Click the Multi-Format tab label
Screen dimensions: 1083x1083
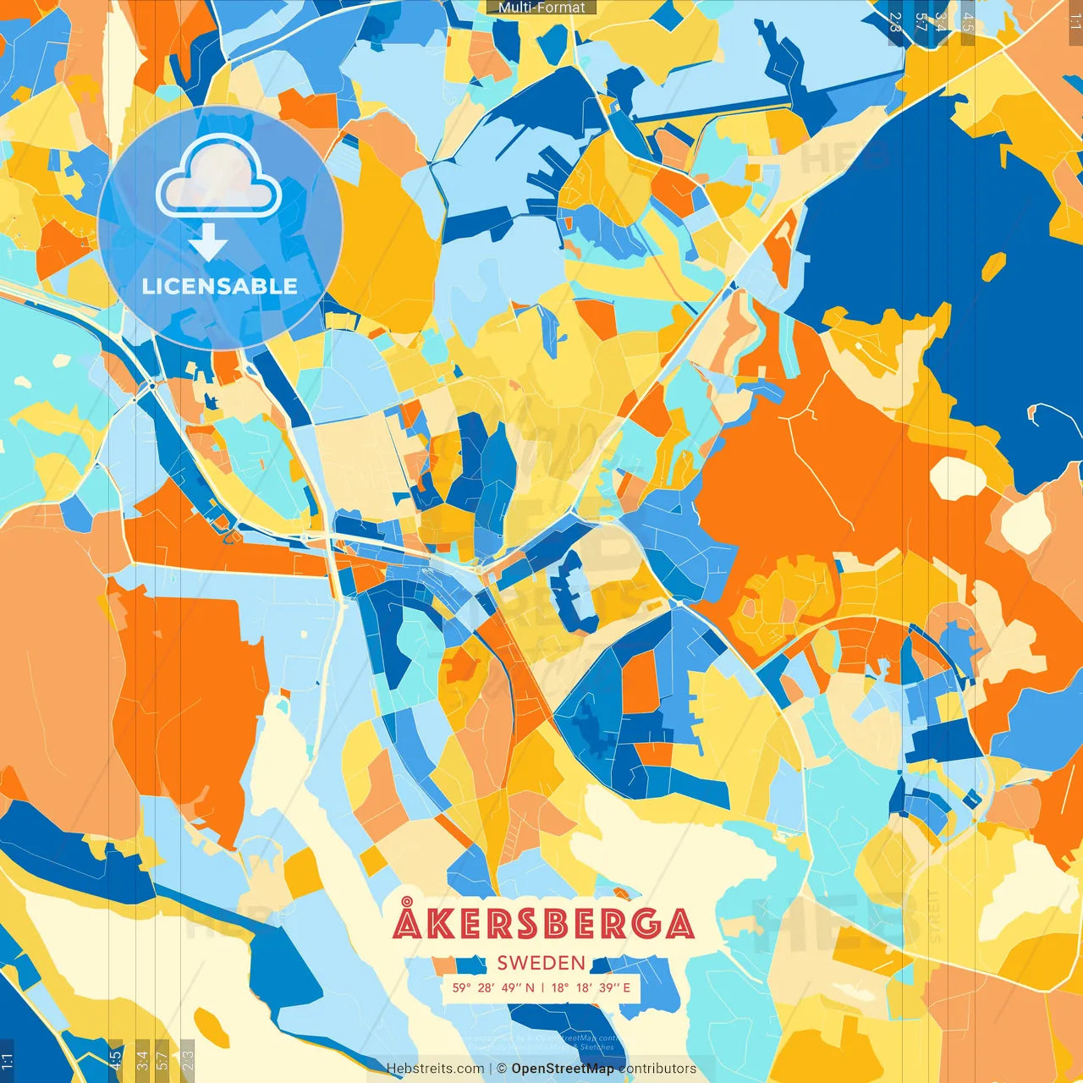[x=541, y=8]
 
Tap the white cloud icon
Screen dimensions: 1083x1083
[x=218, y=179]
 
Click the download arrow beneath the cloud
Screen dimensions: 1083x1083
[x=207, y=242]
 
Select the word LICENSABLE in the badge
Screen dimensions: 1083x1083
[x=219, y=286]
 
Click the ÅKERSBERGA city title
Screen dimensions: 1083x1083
[x=543, y=922]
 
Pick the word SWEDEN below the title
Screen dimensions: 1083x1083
[x=541, y=963]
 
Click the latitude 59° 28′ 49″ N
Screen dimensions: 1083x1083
[x=493, y=987]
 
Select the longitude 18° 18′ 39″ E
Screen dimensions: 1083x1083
[x=591, y=987]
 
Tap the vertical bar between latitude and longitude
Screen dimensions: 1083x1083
[x=542, y=987]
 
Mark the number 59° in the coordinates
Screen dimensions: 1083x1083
[x=461, y=987]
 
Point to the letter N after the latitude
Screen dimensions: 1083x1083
[x=530, y=987]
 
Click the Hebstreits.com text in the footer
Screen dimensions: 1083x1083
[x=435, y=1069]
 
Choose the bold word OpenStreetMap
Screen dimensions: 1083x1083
[x=563, y=1069]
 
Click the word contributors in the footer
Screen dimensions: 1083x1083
[x=657, y=1069]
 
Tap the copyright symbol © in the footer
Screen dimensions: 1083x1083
[x=502, y=1069]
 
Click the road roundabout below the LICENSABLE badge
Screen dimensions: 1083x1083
[x=151, y=386]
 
